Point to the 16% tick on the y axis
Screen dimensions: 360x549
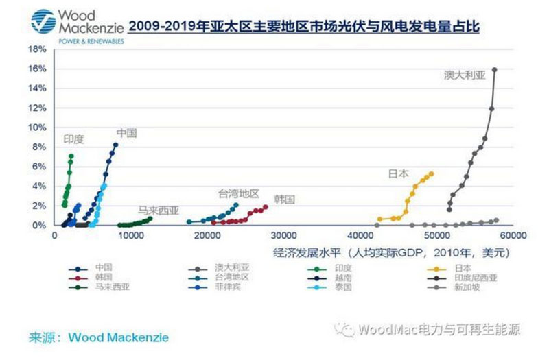point(37,69)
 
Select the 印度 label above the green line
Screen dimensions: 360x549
point(73,139)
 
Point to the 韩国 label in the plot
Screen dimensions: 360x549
point(283,200)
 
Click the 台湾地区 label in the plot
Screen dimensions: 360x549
point(239,193)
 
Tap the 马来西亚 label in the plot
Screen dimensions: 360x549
point(157,211)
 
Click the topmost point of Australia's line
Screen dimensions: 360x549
point(495,69)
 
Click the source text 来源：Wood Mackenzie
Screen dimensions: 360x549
point(98,337)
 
